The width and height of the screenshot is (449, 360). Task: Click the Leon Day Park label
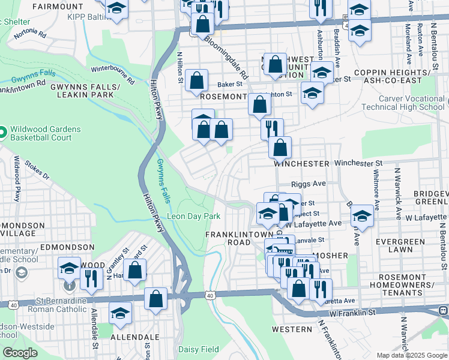(x=194, y=216)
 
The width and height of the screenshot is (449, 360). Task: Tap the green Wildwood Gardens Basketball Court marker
(x=2, y=131)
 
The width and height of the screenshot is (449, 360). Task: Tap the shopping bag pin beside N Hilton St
(x=196, y=80)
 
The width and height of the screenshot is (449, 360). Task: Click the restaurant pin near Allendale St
(x=91, y=278)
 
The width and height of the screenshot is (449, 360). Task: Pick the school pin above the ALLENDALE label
(x=120, y=313)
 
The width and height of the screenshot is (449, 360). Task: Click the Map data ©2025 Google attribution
(x=412, y=355)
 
